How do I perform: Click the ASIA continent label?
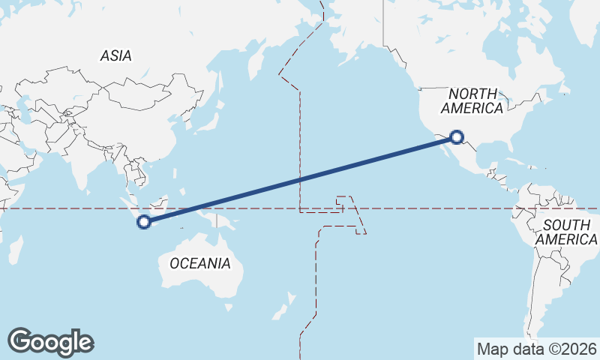click(115, 55)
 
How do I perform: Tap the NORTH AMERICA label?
click(472, 101)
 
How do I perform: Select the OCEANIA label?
click(200, 263)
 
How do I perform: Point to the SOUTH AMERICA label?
click(567, 232)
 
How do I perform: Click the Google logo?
click(51, 341)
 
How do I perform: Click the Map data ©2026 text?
click(537, 349)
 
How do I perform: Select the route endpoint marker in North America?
click(457, 137)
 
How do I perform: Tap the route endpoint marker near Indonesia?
click(145, 221)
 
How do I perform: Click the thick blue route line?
click(300, 180)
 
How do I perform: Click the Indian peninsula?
click(75, 161)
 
